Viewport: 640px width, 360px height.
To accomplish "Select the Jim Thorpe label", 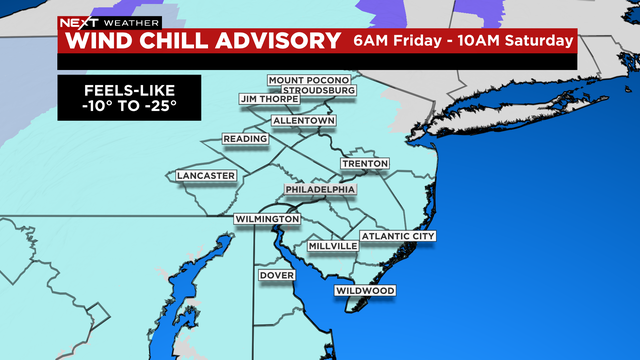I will click(267, 99).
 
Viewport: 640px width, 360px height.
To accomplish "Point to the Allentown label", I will click(304, 120).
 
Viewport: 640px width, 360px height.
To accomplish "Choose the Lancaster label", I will click(206, 176).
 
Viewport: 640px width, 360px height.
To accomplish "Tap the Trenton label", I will click(364, 163).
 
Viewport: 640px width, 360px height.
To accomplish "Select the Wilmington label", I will click(268, 218).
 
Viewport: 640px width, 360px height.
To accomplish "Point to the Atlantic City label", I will click(398, 237).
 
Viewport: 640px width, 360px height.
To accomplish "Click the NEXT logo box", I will click(73, 21).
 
